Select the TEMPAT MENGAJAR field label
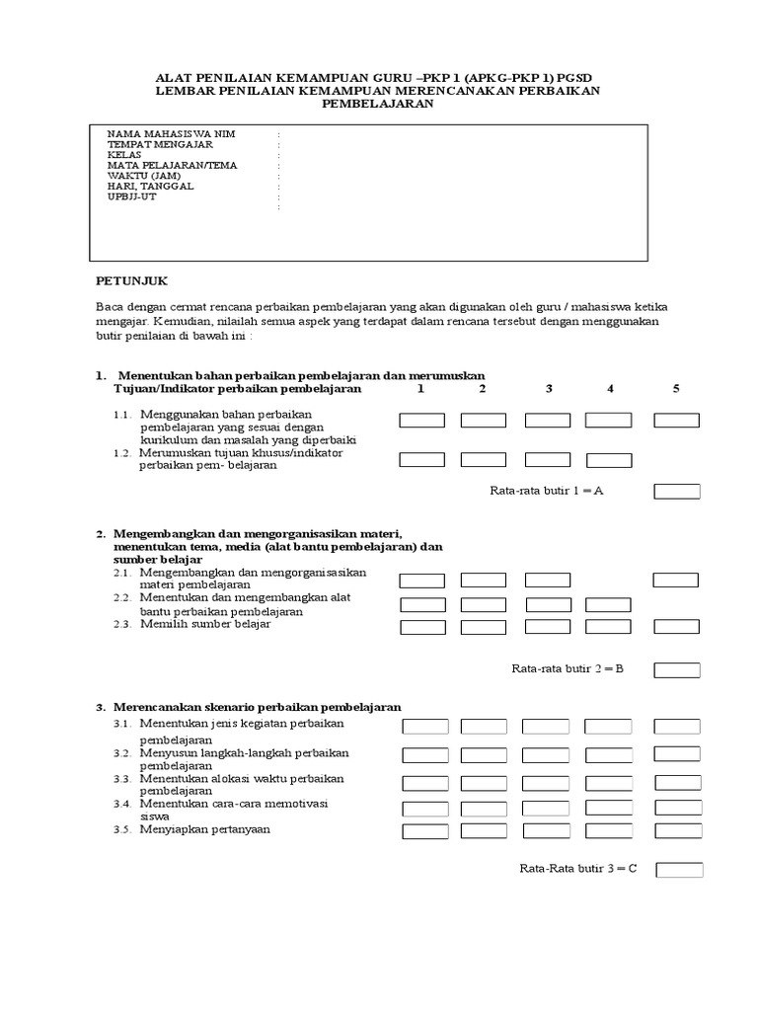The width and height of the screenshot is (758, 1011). point(160,144)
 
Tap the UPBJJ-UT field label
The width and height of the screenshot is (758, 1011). point(131,196)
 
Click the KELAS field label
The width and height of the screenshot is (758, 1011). point(124,155)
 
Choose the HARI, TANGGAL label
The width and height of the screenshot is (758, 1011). point(151,186)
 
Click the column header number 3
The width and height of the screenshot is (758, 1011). point(548,389)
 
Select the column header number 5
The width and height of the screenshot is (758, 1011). point(676,389)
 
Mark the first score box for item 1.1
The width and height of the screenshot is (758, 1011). point(422,421)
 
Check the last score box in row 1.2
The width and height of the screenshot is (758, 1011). point(609,459)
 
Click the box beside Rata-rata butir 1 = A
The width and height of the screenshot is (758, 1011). point(677,492)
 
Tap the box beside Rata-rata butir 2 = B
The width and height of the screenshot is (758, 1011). point(677,670)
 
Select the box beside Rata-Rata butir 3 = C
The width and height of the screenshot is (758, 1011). point(680,870)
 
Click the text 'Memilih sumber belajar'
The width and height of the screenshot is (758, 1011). point(205,624)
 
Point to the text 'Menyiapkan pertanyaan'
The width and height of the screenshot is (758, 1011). point(204,829)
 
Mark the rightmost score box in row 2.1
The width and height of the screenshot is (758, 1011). point(677,580)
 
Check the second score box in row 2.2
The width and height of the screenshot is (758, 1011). point(484,604)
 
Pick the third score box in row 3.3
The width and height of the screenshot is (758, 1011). point(546,783)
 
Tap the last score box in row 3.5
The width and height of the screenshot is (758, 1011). point(678,831)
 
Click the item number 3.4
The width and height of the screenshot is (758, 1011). point(122,805)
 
